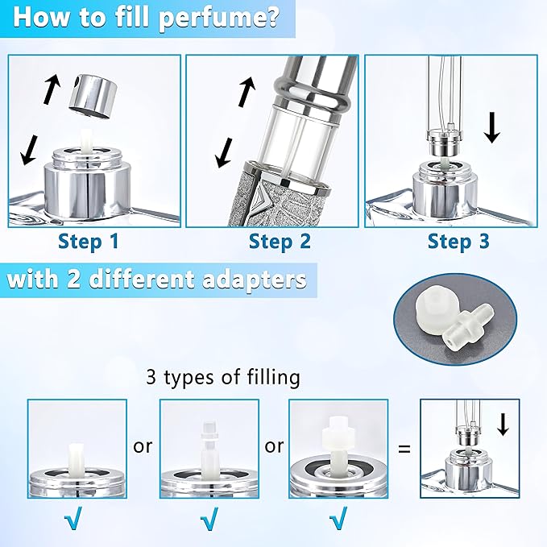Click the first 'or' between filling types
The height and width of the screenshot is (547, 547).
coord(143,445)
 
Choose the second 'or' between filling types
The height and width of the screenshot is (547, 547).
coord(274,445)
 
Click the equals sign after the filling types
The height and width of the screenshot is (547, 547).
coord(404,445)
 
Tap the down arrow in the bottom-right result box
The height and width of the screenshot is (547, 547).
coord(503,423)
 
